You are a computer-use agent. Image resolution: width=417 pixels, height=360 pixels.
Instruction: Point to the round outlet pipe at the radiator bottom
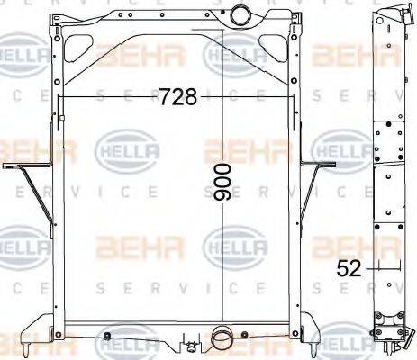pyautogui.click(x=221, y=338)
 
